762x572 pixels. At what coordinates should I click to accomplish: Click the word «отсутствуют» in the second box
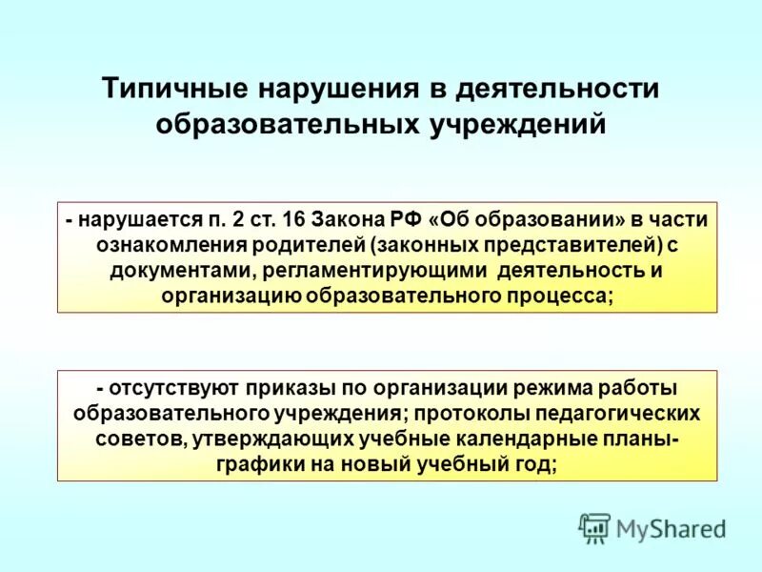point(165,389)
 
